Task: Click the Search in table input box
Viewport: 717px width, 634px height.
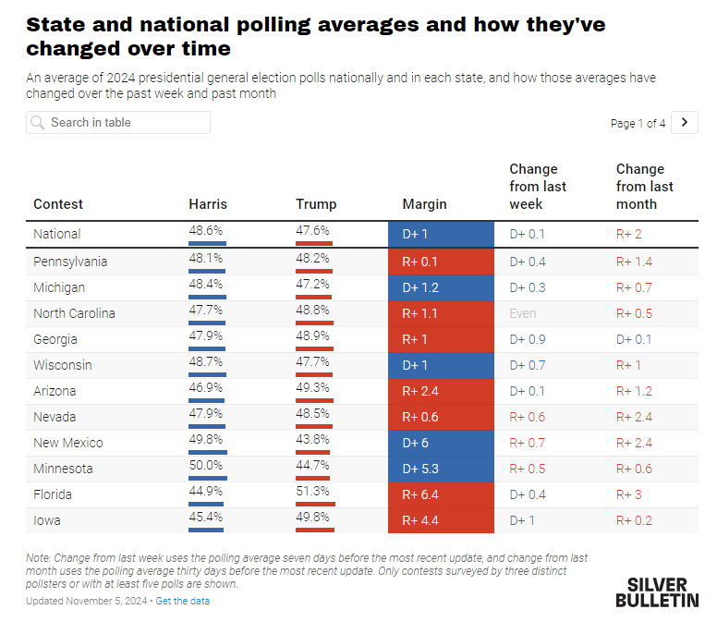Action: pyautogui.click(x=118, y=123)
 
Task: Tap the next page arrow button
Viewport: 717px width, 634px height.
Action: pyautogui.click(x=684, y=123)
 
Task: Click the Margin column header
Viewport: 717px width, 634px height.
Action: pyautogui.click(x=424, y=204)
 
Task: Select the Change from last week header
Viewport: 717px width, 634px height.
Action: pyautogui.click(x=538, y=187)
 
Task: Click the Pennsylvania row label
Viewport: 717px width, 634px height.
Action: pyautogui.click(x=70, y=262)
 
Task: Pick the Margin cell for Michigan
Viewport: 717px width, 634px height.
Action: pyautogui.click(x=441, y=287)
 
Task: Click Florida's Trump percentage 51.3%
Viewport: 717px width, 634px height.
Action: pyautogui.click(x=312, y=492)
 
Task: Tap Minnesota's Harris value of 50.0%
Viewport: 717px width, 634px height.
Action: pyautogui.click(x=206, y=465)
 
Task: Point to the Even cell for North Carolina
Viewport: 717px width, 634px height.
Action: pyautogui.click(x=523, y=314)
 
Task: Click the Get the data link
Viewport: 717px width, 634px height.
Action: pyautogui.click(x=182, y=601)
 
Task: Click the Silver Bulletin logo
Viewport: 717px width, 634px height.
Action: pyautogui.click(x=657, y=592)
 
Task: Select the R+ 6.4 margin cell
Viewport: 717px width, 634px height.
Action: pyautogui.click(x=441, y=495)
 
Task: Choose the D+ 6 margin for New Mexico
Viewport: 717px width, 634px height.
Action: pyautogui.click(x=441, y=444)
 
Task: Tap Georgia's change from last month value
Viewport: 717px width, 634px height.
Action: pyautogui.click(x=634, y=339)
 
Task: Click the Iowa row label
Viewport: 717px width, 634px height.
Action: pyautogui.click(x=46, y=520)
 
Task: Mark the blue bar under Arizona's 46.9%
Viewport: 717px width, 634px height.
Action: pyautogui.click(x=206, y=401)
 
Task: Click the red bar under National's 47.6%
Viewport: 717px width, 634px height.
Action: pyautogui.click(x=314, y=243)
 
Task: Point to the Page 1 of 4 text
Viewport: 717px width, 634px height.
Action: pyautogui.click(x=638, y=124)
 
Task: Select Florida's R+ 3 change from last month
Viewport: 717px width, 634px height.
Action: pyautogui.click(x=628, y=495)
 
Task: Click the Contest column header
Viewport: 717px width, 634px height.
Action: pyautogui.click(x=58, y=204)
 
